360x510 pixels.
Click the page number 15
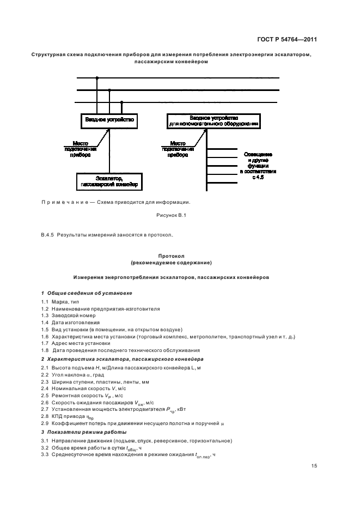314,466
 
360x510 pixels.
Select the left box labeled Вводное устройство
109,119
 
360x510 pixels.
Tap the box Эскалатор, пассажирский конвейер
109,181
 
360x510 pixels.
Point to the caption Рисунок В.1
172,216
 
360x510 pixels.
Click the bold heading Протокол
172,255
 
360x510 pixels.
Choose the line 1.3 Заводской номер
68,315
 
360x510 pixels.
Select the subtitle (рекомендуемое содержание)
172,262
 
